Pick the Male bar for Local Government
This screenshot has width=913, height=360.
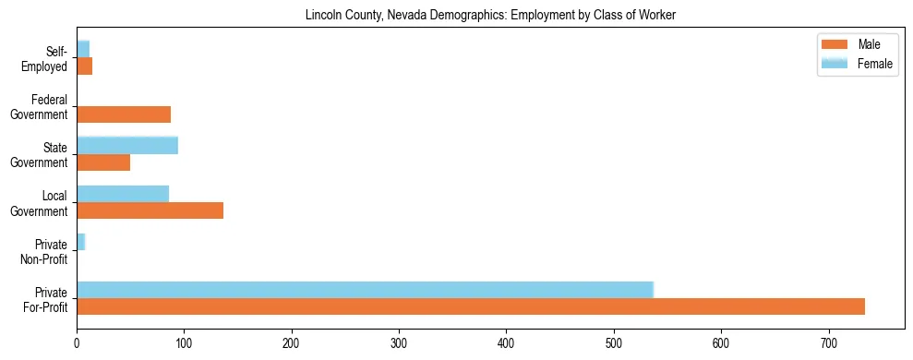tap(150, 210)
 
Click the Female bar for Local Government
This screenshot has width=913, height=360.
tap(123, 194)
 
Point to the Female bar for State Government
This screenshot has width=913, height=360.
tap(127, 145)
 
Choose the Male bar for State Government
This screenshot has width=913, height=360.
tap(103, 162)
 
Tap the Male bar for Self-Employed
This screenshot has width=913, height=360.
tap(84, 66)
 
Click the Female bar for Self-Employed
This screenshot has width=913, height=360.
tap(83, 49)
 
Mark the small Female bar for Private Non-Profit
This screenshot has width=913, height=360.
tap(80, 242)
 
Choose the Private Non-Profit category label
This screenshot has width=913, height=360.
tap(45, 251)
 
